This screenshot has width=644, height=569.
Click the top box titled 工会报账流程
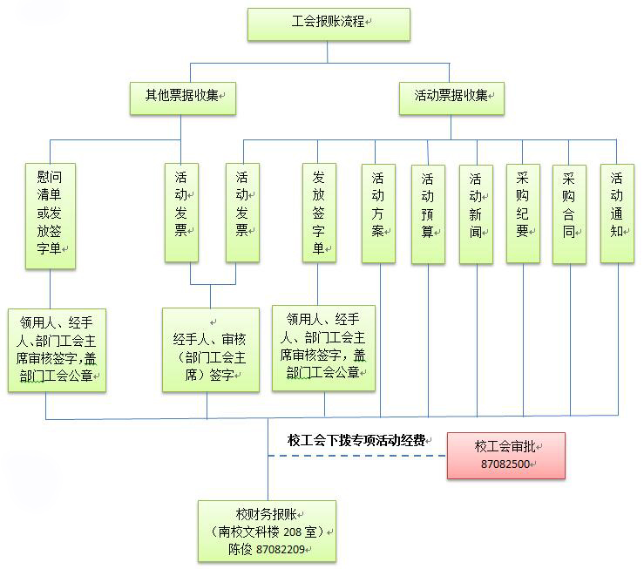tap(329, 24)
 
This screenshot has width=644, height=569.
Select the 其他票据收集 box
tap(183, 98)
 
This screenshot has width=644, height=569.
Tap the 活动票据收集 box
tap(451, 98)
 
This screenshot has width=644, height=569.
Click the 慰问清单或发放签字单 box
tap(50, 216)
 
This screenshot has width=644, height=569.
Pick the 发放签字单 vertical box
tap(319, 213)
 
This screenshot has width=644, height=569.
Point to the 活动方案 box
tap(378, 213)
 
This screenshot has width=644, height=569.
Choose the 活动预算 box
tap(428, 213)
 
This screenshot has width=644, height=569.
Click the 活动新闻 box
tap(476, 213)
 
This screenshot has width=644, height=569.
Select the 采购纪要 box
tap(523, 213)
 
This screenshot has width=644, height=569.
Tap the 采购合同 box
tap(569, 213)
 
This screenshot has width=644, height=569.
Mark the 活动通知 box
tap(617, 213)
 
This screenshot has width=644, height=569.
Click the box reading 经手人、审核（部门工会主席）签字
tap(211, 349)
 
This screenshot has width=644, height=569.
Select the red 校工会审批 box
tap(506, 456)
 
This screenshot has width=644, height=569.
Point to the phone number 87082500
tap(505, 464)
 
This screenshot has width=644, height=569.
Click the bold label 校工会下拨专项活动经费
tap(356, 441)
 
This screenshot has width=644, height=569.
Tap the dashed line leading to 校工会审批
tap(357, 456)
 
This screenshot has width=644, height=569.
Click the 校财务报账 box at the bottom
tap(267, 532)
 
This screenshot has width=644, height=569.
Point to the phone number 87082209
tap(280, 549)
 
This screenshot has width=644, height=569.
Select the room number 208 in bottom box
tap(292, 532)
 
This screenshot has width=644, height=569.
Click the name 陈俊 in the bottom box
tap(240, 549)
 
